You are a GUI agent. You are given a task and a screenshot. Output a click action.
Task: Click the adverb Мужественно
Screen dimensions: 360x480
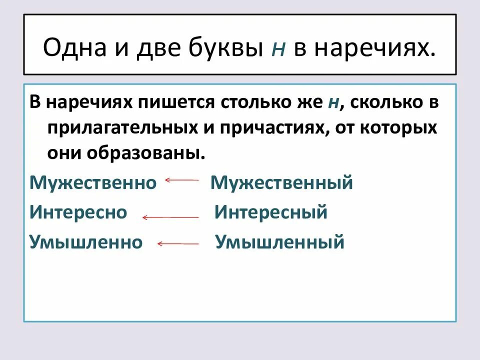point(93,182)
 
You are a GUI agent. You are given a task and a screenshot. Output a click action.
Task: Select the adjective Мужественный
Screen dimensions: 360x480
point(281,182)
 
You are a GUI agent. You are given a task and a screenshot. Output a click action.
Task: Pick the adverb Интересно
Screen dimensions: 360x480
point(78,212)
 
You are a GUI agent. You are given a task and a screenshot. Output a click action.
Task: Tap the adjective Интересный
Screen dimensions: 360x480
point(271,212)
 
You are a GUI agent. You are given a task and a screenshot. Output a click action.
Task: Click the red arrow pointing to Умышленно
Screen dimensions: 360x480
point(178,244)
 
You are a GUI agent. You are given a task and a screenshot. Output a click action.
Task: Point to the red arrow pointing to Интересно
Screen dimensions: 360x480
point(170,217)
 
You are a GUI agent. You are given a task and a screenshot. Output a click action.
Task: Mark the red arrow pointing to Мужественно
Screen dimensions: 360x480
point(182,180)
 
